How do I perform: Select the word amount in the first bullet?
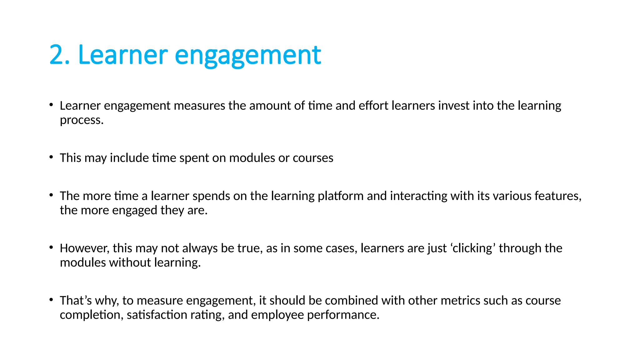point(271,106)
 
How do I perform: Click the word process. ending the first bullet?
point(82,120)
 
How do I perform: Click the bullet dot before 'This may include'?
point(51,157)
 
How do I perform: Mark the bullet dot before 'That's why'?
point(51,300)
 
